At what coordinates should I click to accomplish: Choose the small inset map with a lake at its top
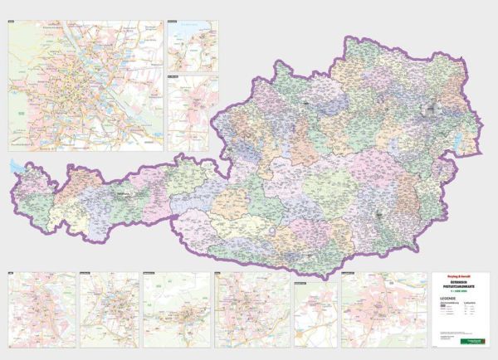(193, 46)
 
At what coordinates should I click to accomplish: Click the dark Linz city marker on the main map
(306, 104)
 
